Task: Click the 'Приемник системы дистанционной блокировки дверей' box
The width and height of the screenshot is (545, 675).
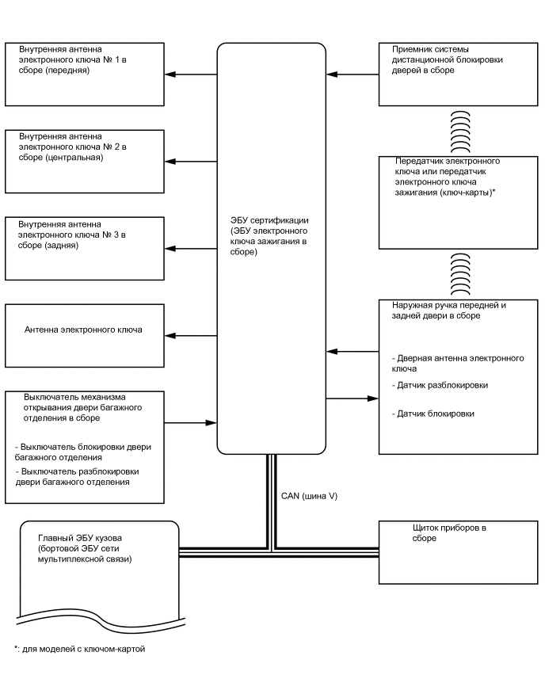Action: pos(459,74)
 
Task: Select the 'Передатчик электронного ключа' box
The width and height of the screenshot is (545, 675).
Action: pos(459,203)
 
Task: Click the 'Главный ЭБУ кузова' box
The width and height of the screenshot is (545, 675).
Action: pos(95,562)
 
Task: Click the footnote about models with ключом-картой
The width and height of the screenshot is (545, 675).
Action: pos(79,649)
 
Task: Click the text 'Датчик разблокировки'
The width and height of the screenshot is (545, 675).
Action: pos(440,385)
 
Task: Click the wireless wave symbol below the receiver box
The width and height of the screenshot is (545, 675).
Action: pos(460,127)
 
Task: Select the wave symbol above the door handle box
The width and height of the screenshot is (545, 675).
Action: pos(460,274)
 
